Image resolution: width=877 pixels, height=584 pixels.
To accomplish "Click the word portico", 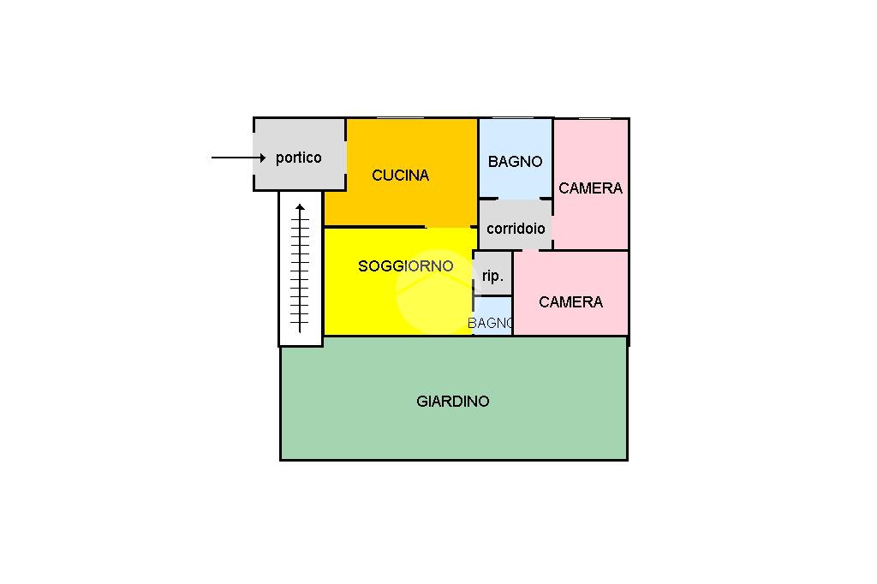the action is click(x=298, y=158).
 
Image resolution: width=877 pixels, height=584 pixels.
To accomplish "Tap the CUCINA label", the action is click(x=400, y=176).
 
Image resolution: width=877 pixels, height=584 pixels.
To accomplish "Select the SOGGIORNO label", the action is click(x=405, y=266).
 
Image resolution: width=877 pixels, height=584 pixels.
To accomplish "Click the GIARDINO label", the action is click(x=453, y=401).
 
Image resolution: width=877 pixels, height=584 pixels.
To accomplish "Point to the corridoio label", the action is click(x=516, y=229).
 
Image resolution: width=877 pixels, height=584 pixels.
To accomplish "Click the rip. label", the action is click(x=492, y=276).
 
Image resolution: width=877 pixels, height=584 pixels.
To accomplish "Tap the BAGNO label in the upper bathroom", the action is click(x=515, y=161).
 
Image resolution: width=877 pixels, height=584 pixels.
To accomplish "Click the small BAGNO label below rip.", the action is click(x=490, y=323).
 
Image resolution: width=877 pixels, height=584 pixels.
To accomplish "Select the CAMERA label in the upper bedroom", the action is click(x=590, y=188).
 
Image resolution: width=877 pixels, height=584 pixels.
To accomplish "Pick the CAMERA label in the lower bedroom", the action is click(x=570, y=301).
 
